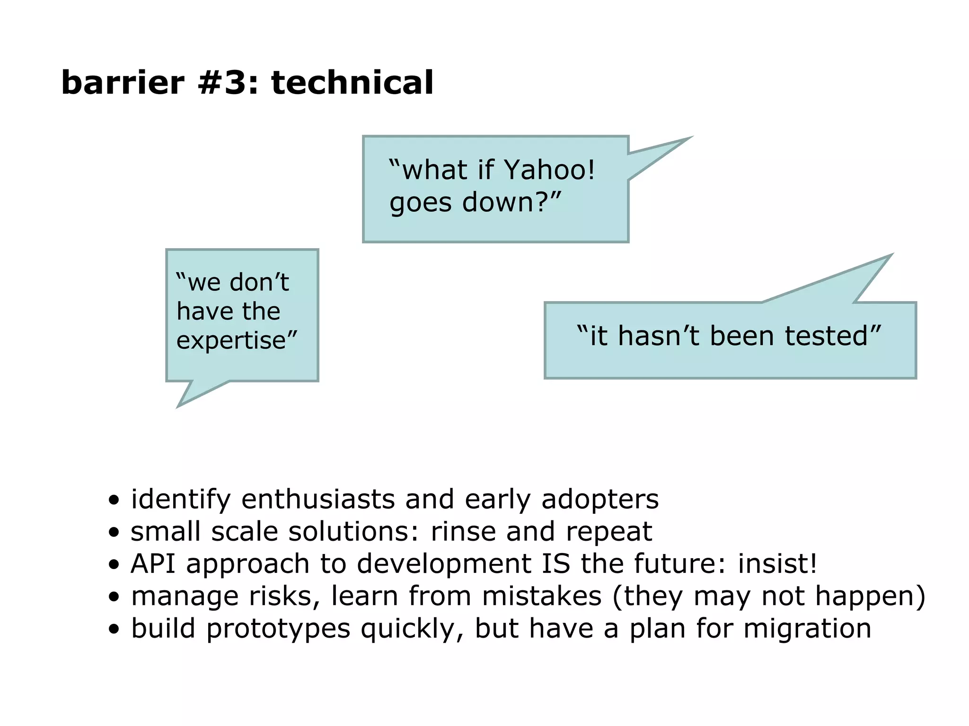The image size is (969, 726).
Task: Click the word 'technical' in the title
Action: click(352, 83)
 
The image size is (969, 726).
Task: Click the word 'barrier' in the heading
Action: click(123, 83)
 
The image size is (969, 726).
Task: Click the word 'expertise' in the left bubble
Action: click(231, 340)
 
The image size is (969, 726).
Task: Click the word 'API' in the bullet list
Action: click(153, 563)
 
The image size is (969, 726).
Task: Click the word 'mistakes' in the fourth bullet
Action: click(541, 596)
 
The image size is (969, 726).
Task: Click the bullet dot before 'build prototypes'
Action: click(114, 629)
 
